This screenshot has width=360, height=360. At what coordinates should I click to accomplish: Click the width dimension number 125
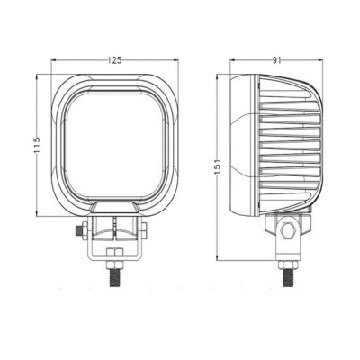pos(115,59)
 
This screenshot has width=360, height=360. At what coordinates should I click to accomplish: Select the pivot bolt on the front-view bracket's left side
pos(80,233)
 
